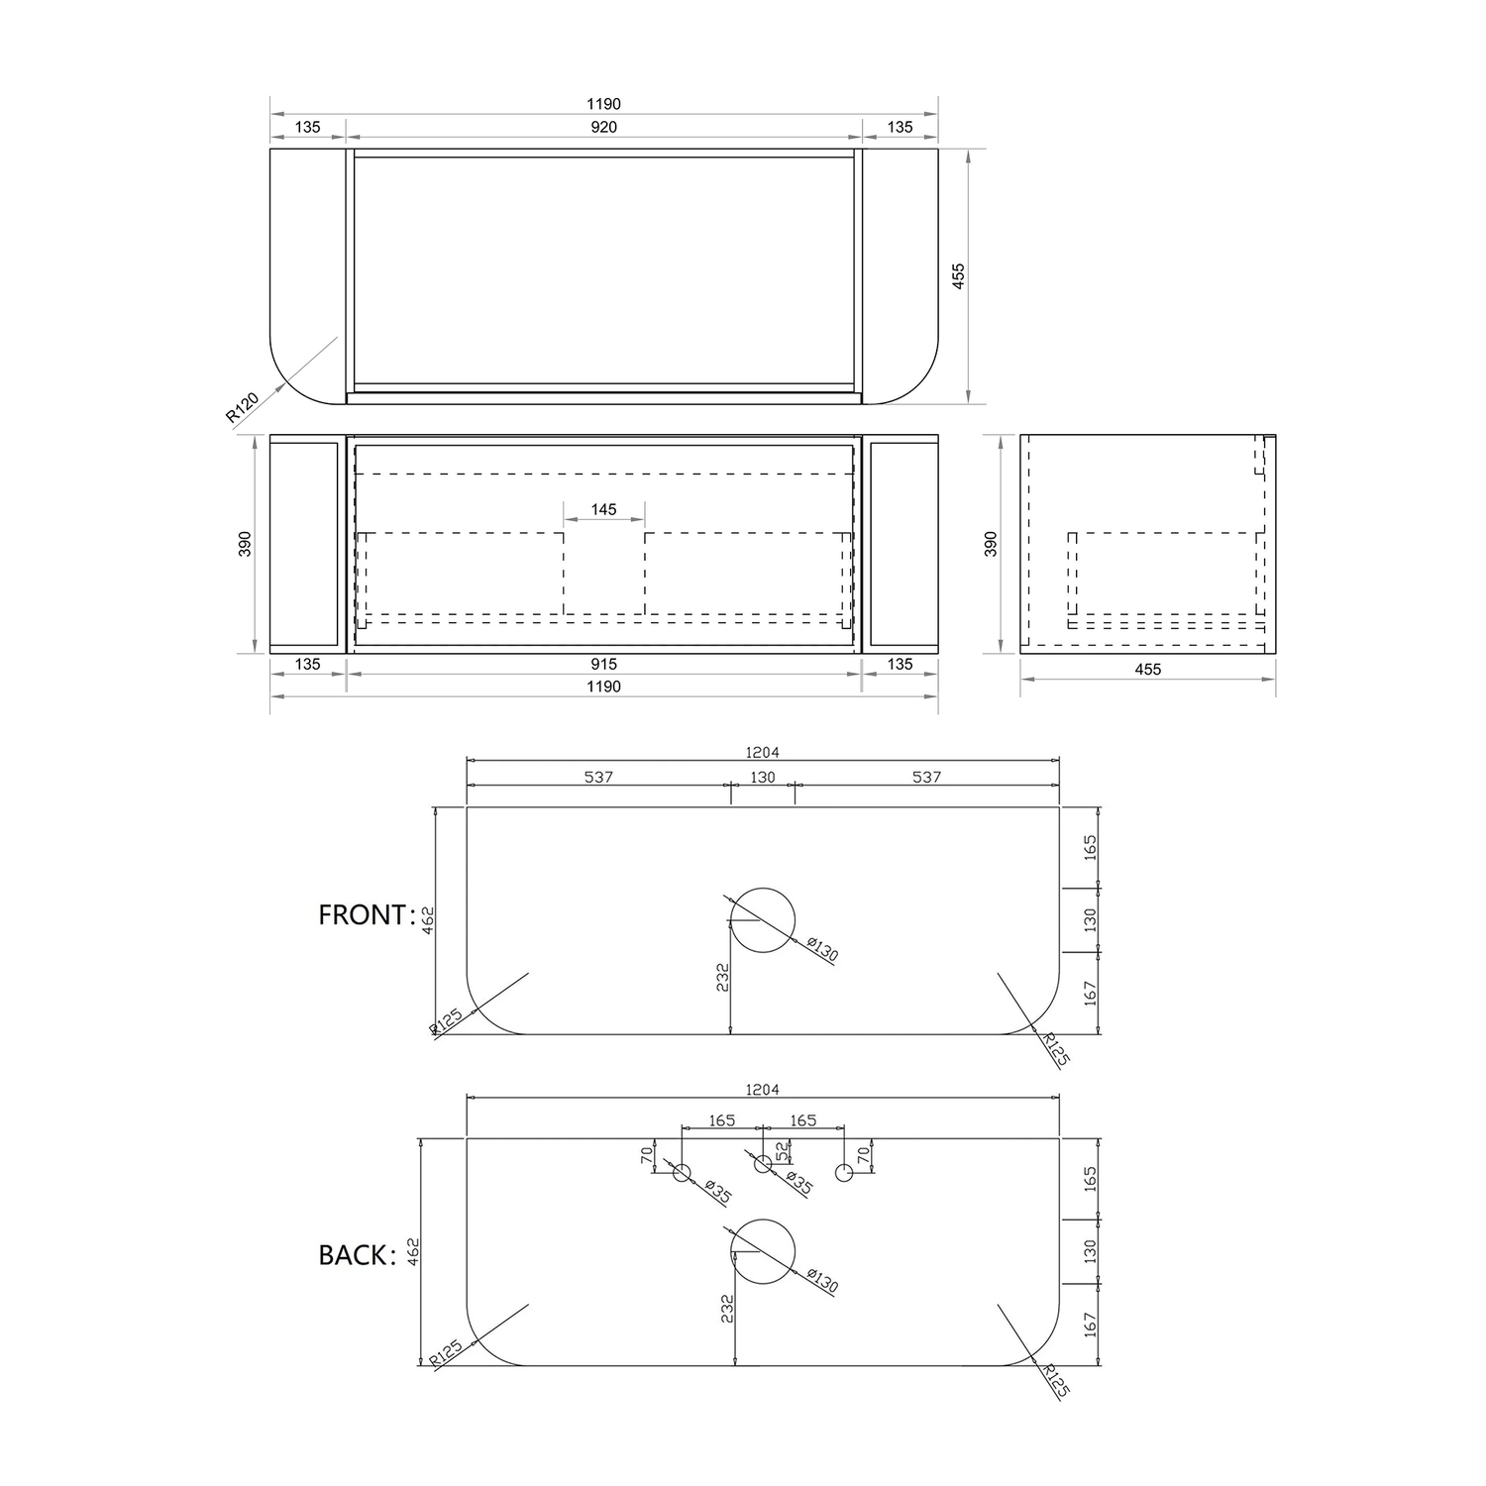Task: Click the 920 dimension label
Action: coord(603,127)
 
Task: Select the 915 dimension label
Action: coord(603,664)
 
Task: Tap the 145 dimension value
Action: coord(603,509)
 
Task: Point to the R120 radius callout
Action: coord(243,407)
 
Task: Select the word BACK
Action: coord(353,1255)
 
